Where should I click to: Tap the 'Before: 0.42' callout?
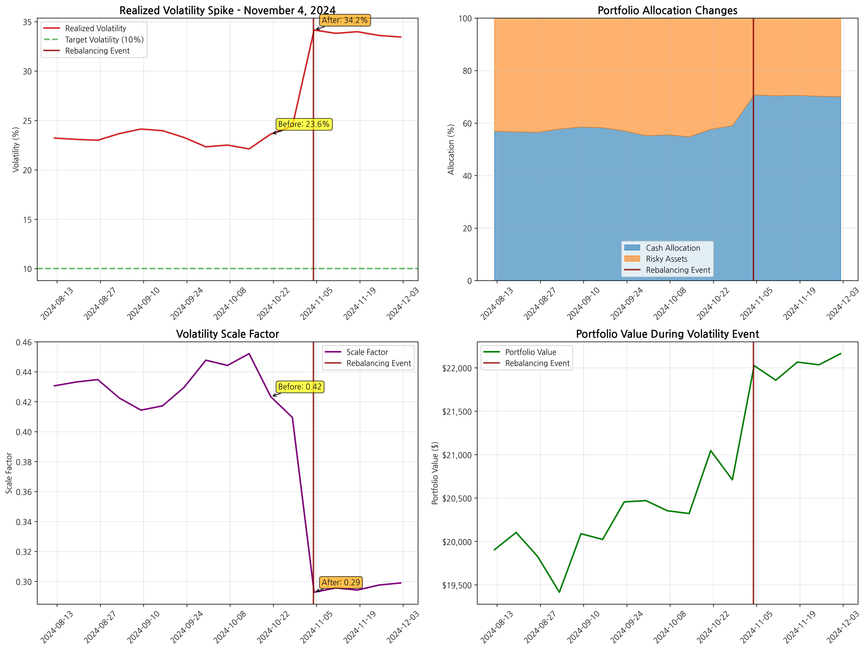300,387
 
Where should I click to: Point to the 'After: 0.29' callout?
341,582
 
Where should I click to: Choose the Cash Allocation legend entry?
673,248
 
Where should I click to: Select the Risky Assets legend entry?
666,259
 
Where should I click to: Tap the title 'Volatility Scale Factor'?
227,334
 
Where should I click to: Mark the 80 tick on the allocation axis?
467,71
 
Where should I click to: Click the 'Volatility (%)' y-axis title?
16,149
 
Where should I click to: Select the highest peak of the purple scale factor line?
249,354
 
